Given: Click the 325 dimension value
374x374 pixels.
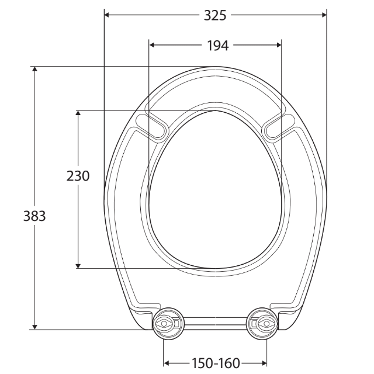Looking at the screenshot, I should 215,15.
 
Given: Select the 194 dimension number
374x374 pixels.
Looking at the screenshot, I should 217,45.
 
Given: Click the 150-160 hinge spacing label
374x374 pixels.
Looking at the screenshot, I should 215,363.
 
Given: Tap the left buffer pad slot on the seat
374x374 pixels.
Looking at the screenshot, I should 151,126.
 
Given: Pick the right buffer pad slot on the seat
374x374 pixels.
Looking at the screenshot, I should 279,126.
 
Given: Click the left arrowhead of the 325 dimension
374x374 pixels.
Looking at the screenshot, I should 108,15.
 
